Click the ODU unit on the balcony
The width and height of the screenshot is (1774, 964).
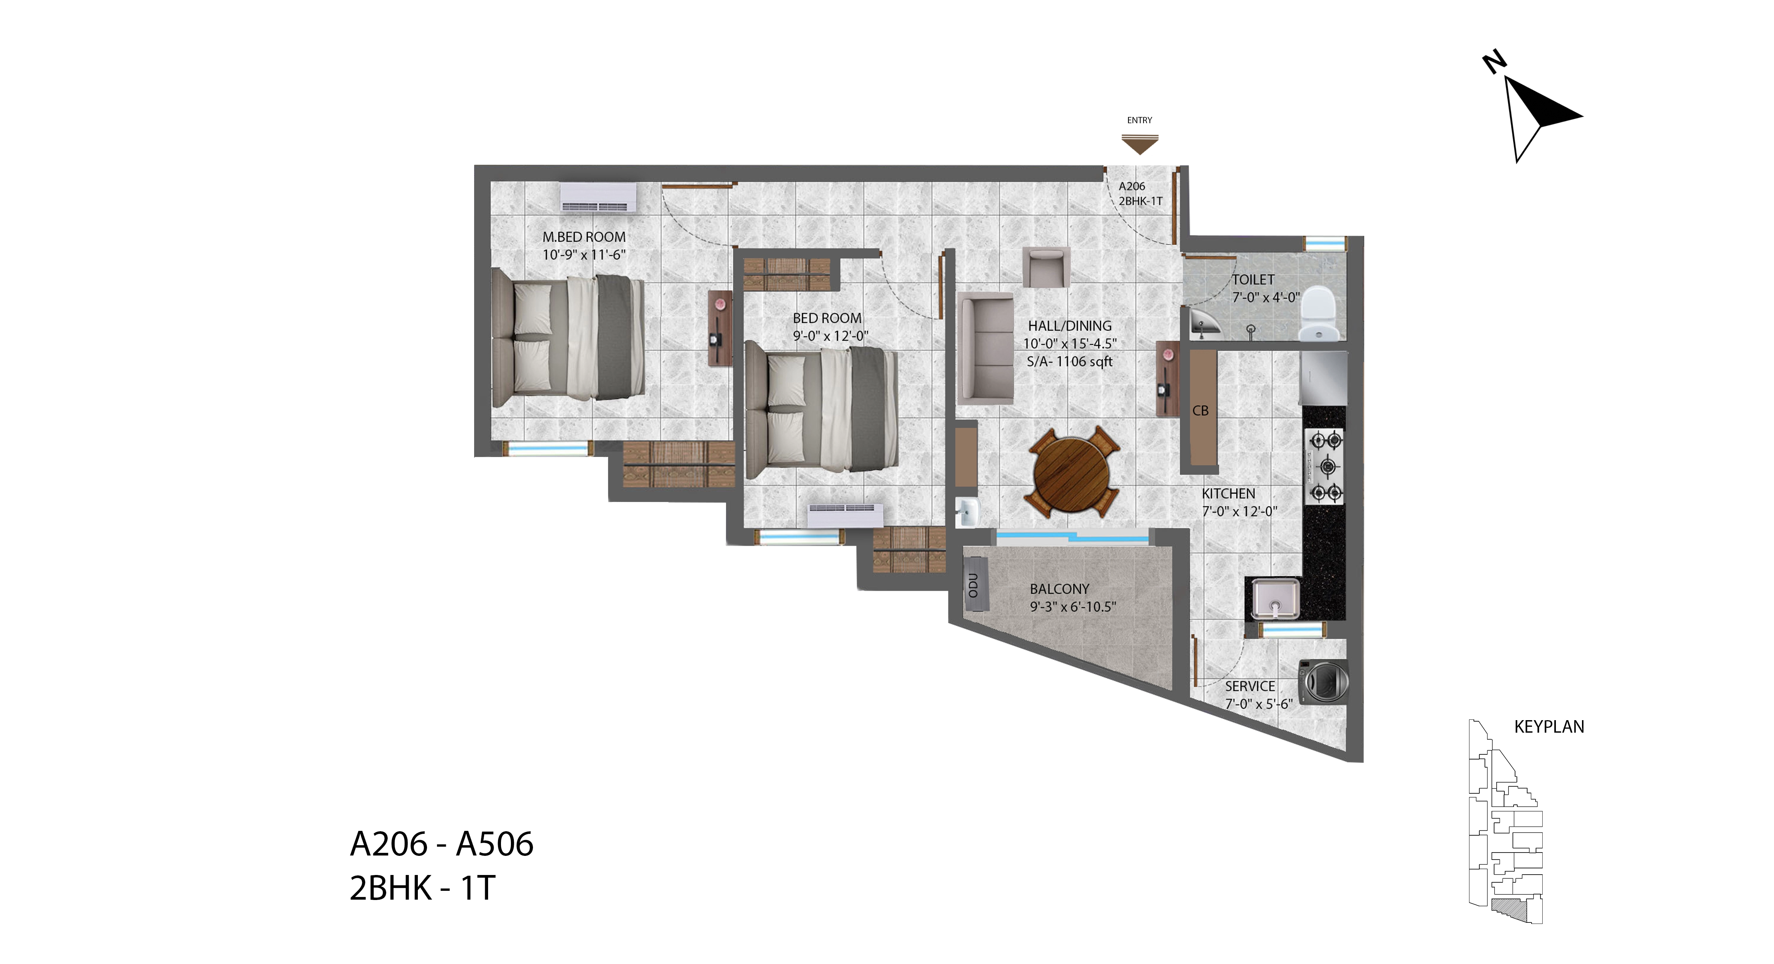[x=975, y=584]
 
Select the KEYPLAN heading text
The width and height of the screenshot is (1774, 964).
[x=1549, y=726]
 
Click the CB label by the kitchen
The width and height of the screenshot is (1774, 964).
[x=1200, y=410]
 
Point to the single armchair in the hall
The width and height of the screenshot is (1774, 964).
[x=1046, y=267]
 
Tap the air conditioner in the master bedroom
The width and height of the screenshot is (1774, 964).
[x=598, y=197]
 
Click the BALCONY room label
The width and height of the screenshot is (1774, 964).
[x=1059, y=589]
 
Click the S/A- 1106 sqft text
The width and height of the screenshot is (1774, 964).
[x=1070, y=362]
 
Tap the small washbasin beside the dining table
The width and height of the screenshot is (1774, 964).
[x=967, y=512]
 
